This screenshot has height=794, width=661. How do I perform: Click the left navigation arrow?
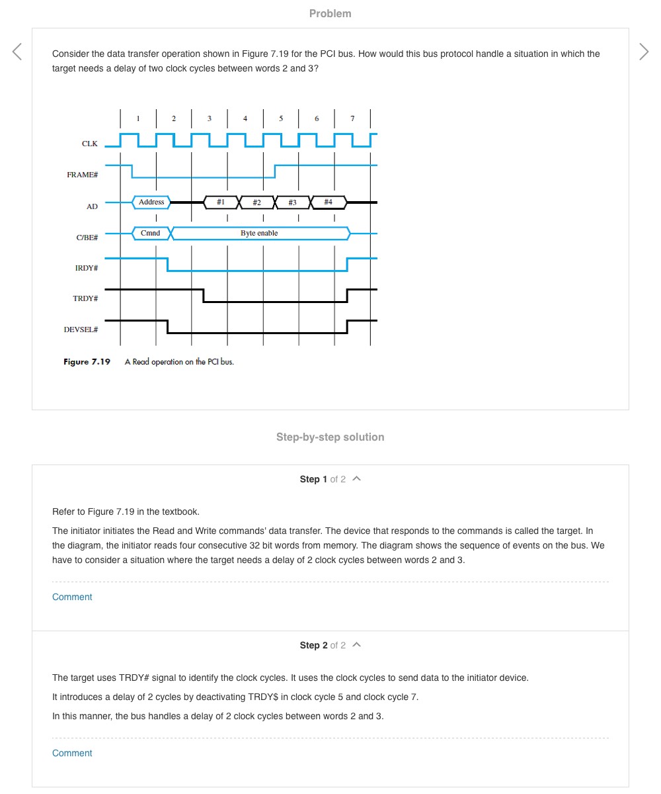(17, 52)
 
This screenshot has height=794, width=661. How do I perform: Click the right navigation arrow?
(644, 52)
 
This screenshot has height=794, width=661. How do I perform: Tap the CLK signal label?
(90, 144)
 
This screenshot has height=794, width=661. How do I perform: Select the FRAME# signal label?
(83, 175)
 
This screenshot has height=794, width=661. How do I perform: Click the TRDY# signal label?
(85, 299)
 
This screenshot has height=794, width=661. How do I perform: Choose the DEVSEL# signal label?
(81, 330)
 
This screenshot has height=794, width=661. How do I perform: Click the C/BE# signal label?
(87, 237)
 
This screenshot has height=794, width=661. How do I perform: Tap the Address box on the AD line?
(151, 202)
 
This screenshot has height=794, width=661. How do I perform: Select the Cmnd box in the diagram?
(151, 233)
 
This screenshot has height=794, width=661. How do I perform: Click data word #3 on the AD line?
(292, 202)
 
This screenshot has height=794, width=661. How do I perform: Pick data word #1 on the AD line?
(221, 202)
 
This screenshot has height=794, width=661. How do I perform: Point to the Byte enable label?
(259, 233)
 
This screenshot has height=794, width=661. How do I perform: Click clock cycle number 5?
(281, 118)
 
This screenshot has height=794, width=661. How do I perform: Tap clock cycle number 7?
(352, 118)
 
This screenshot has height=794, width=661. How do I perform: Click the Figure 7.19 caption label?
(87, 362)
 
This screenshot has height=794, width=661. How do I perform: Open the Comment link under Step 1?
(72, 597)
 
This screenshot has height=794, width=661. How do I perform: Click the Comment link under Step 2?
(72, 753)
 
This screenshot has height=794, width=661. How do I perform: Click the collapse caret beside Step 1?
(357, 478)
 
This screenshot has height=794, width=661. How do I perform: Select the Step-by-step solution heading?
(330, 437)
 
